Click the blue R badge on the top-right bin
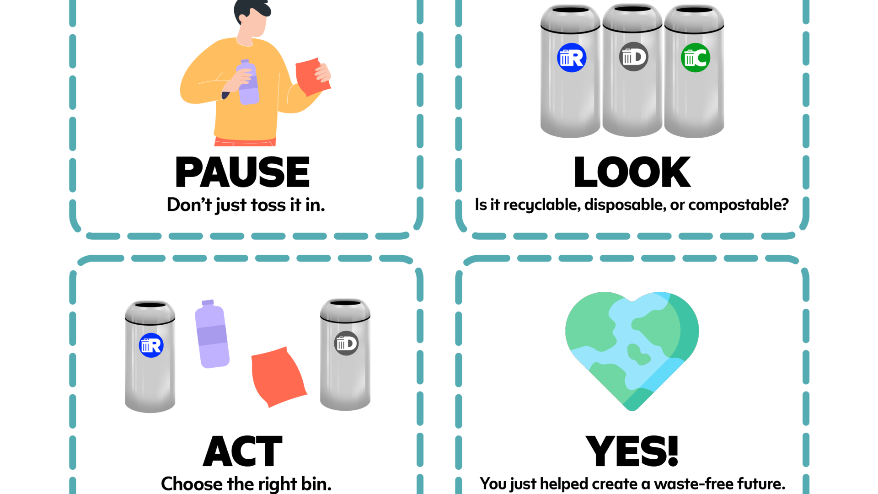[x=572, y=58]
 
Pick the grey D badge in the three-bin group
[x=634, y=57]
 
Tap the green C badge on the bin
[x=696, y=58]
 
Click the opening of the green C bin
[x=694, y=10]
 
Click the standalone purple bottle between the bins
[x=212, y=336]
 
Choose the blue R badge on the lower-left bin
[x=151, y=345]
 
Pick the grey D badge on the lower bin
[x=346, y=343]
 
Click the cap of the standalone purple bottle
[x=208, y=302]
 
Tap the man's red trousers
[x=245, y=142]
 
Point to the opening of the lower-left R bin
[x=150, y=305]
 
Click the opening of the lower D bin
[x=345, y=302]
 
